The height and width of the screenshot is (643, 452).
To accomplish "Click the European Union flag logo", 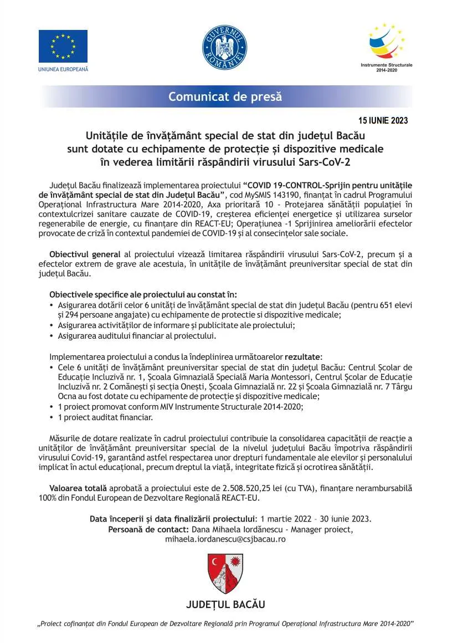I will tap(63, 46).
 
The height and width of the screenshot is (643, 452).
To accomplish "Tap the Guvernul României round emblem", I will tap(225, 47).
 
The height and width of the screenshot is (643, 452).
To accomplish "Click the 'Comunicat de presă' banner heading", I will tap(225, 96).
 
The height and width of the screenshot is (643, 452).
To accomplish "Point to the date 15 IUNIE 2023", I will tap(383, 120).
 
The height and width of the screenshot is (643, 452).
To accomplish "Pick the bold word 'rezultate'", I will tap(302, 356).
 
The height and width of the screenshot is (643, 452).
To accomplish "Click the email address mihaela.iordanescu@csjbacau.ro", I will tap(225, 539).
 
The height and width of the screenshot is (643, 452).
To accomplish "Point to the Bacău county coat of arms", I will tap(225, 573).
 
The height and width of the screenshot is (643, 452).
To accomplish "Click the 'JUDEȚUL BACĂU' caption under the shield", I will tap(225, 604).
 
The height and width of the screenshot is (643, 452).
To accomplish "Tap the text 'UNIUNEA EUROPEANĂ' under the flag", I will tap(63, 69).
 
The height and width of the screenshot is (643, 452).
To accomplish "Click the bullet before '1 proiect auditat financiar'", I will tap(52, 417).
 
